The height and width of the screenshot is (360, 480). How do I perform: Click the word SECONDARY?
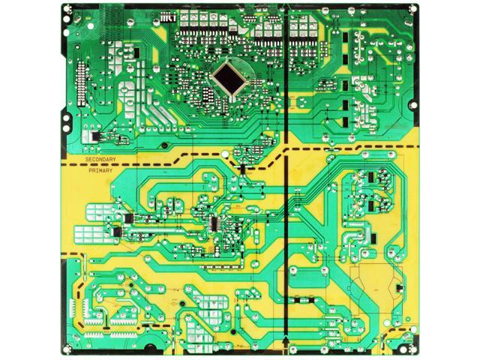pyautogui.click(x=101, y=161)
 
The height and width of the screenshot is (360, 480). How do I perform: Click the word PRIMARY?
pyautogui.click(x=100, y=170)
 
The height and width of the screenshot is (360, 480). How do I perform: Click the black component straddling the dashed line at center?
pyautogui.click(x=241, y=170)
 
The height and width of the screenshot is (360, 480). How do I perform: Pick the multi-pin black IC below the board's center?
pyautogui.click(x=217, y=224)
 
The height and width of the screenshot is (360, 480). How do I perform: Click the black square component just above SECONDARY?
pyautogui.click(x=94, y=136)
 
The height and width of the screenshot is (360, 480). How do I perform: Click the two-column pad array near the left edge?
pyautogui.click(x=73, y=307)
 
